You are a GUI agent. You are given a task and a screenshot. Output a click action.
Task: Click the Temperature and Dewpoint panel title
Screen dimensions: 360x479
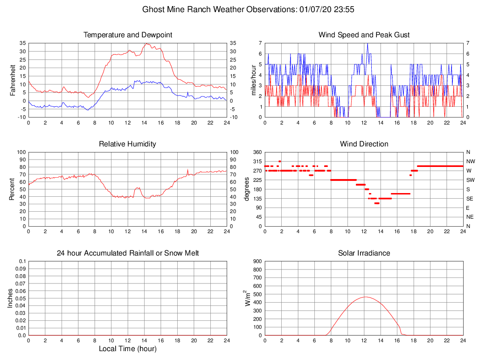[x=128, y=35]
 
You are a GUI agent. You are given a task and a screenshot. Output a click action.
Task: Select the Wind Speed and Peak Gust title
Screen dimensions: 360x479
[x=364, y=35]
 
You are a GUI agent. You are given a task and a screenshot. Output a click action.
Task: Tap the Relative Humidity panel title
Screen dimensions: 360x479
[x=128, y=144]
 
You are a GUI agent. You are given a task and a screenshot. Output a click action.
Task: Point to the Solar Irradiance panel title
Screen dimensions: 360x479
[x=364, y=253]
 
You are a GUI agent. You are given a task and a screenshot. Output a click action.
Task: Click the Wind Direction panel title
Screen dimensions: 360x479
[x=364, y=144]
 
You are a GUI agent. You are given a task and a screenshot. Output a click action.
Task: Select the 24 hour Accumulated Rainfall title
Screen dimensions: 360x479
[x=128, y=253]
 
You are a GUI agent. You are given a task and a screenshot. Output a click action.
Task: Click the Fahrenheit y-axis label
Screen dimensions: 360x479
[x=13, y=80]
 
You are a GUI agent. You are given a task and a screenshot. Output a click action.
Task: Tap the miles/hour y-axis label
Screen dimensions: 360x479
[x=254, y=80]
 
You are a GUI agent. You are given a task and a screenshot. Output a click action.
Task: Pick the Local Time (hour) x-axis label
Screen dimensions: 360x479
[x=128, y=349]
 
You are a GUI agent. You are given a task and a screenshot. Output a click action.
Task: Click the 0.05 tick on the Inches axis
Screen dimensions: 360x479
[x=20, y=298]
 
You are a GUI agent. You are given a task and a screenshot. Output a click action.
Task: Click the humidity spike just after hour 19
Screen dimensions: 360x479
[x=187, y=170]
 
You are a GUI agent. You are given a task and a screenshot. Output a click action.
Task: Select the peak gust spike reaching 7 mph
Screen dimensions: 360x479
[x=368, y=43]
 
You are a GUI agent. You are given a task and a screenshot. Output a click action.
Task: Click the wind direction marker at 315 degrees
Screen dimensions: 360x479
[x=280, y=161]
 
